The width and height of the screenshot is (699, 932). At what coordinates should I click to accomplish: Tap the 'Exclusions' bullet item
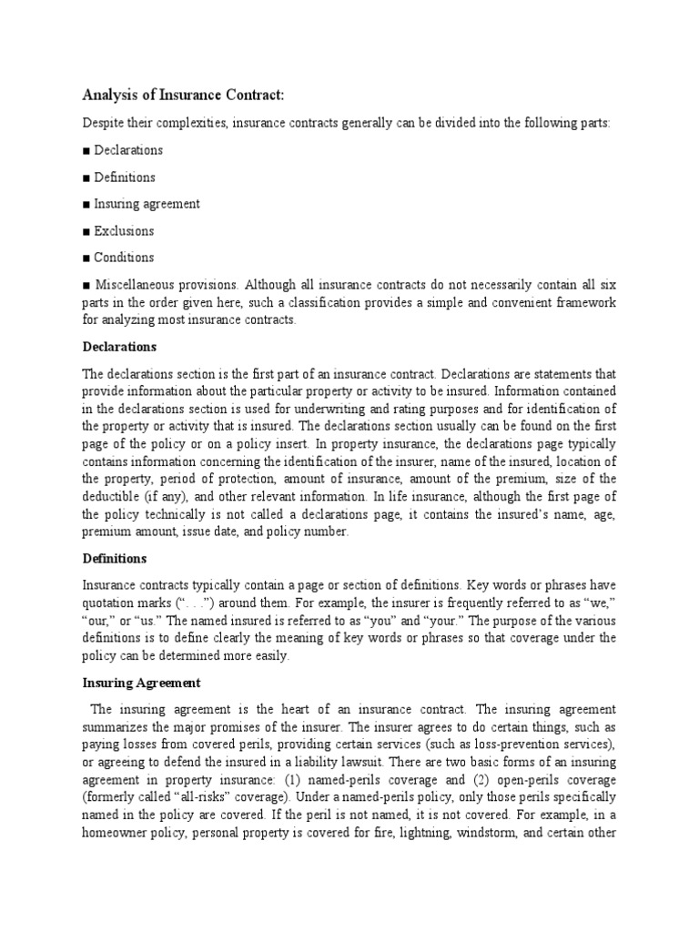(124, 230)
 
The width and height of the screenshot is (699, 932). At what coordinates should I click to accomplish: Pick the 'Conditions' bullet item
(124, 257)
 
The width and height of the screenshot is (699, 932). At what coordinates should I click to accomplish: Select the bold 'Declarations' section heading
(119, 347)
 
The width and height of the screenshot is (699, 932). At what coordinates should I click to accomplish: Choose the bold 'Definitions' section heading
(115, 558)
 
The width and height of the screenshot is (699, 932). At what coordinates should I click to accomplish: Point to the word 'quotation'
(110, 603)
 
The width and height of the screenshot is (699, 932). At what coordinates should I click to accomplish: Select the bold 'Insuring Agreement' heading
(141, 682)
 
